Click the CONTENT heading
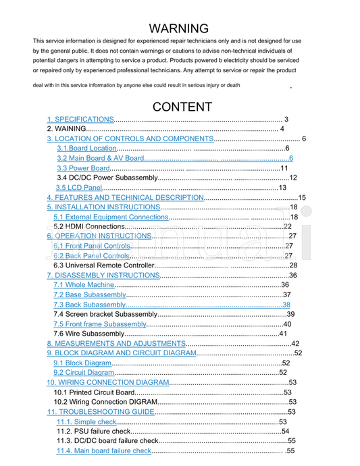(x=182, y=107)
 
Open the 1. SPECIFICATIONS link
(x=80, y=119)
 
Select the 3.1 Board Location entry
(x=86, y=148)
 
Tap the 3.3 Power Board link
(x=83, y=168)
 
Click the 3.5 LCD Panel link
(x=79, y=188)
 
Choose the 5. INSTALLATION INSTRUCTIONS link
(x=103, y=207)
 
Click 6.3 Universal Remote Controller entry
(x=104, y=265)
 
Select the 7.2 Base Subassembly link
(x=89, y=295)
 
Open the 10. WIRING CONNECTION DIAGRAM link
(x=107, y=383)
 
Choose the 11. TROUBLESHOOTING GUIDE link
(x=100, y=412)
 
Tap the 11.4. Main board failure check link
(x=104, y=451)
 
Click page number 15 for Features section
(x=302, y=197)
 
